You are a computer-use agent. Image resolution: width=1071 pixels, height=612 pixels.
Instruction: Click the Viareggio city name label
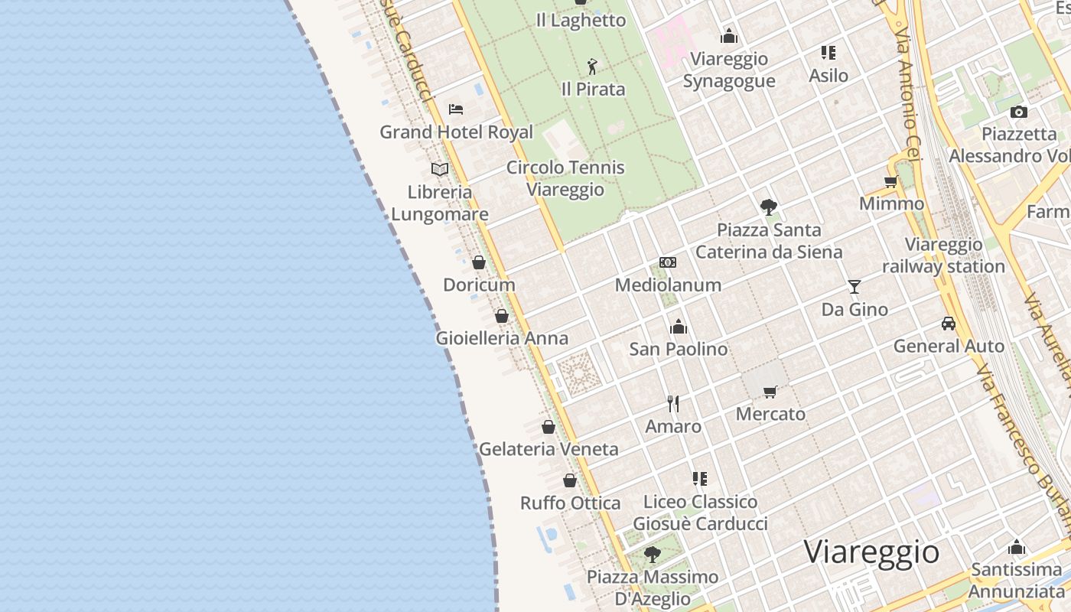[x=871, y=552]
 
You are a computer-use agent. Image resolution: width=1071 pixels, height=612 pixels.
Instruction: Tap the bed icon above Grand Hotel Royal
[x=456, y=109]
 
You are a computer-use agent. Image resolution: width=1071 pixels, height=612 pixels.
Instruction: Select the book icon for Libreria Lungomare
[x=440, y=169]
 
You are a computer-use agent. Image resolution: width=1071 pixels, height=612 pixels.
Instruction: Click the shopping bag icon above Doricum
[x=479, y=262]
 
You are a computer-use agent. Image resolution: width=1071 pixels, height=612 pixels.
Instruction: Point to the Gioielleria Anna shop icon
[x=502, y=315]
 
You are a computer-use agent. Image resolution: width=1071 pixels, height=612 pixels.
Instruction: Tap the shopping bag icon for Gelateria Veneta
[x=549, y=426]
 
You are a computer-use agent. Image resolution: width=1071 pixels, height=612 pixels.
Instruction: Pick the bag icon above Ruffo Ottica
[x=570, y=480]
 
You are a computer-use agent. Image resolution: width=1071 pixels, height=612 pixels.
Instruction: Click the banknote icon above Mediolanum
[x=668, y=262]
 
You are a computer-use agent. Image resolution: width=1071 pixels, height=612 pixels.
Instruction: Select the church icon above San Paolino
[x=679, y=327]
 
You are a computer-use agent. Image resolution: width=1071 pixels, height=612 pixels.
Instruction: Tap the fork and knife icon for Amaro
[x=673, y=404]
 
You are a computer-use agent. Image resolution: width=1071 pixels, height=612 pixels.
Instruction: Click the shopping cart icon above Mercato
[x=770, y=392]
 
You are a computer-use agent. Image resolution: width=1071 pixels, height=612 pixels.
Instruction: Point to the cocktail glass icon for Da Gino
[x=855, y=287]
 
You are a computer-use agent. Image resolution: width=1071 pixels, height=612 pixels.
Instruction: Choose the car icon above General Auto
[x=949, y=324]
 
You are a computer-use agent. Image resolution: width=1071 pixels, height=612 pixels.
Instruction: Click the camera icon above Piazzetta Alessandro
[x=1019, y=112]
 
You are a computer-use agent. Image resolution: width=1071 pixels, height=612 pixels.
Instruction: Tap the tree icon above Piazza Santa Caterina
[x=769, y=207]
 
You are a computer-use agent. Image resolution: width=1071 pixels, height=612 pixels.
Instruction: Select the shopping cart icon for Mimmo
[x=891, y=182]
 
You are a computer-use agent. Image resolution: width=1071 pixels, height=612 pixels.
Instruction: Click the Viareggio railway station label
[x=943, y=256]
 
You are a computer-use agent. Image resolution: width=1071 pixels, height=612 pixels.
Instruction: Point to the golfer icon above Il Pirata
[x=592, y=67]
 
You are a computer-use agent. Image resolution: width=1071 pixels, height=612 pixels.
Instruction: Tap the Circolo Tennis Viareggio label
[x=565, y=178]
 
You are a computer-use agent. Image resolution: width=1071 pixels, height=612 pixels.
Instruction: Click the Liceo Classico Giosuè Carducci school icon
[x=700, y=479]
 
